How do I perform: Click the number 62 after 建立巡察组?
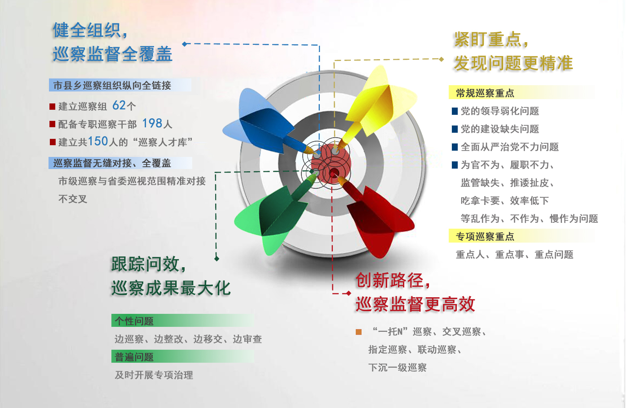tap(119, 105)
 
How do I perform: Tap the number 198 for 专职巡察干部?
tap(152, 123)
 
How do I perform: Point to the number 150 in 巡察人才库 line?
tap(98, 141)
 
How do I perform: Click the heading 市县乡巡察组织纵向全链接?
tap(112, 85)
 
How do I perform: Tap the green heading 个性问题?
tap(134, 321)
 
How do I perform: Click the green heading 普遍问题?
tap(134, 357)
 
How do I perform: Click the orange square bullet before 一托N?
tap(358, 332)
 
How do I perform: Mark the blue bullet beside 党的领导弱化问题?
tap(455, 111)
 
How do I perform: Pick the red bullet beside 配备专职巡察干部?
tap(53, 124)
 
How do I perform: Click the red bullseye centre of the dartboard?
tap(331, 164)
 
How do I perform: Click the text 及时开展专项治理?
tap(154, 375)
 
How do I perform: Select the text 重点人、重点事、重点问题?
tap(514, 255)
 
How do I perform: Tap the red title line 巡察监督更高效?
tap(415, 304)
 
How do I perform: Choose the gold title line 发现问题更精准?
tap(513, 63)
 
